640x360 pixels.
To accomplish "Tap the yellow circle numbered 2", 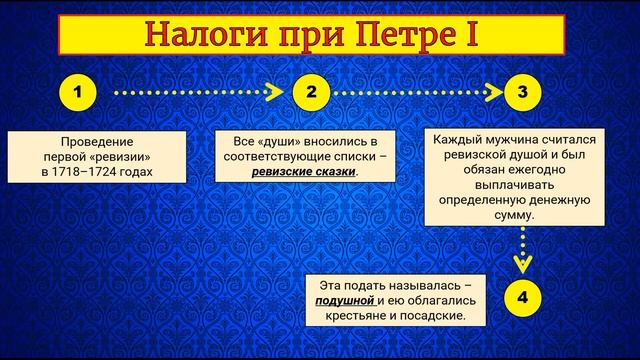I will pyautogui.click(x=311, y=92).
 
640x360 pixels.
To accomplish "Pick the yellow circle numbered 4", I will pyautogui.click(x=522, y=298).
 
